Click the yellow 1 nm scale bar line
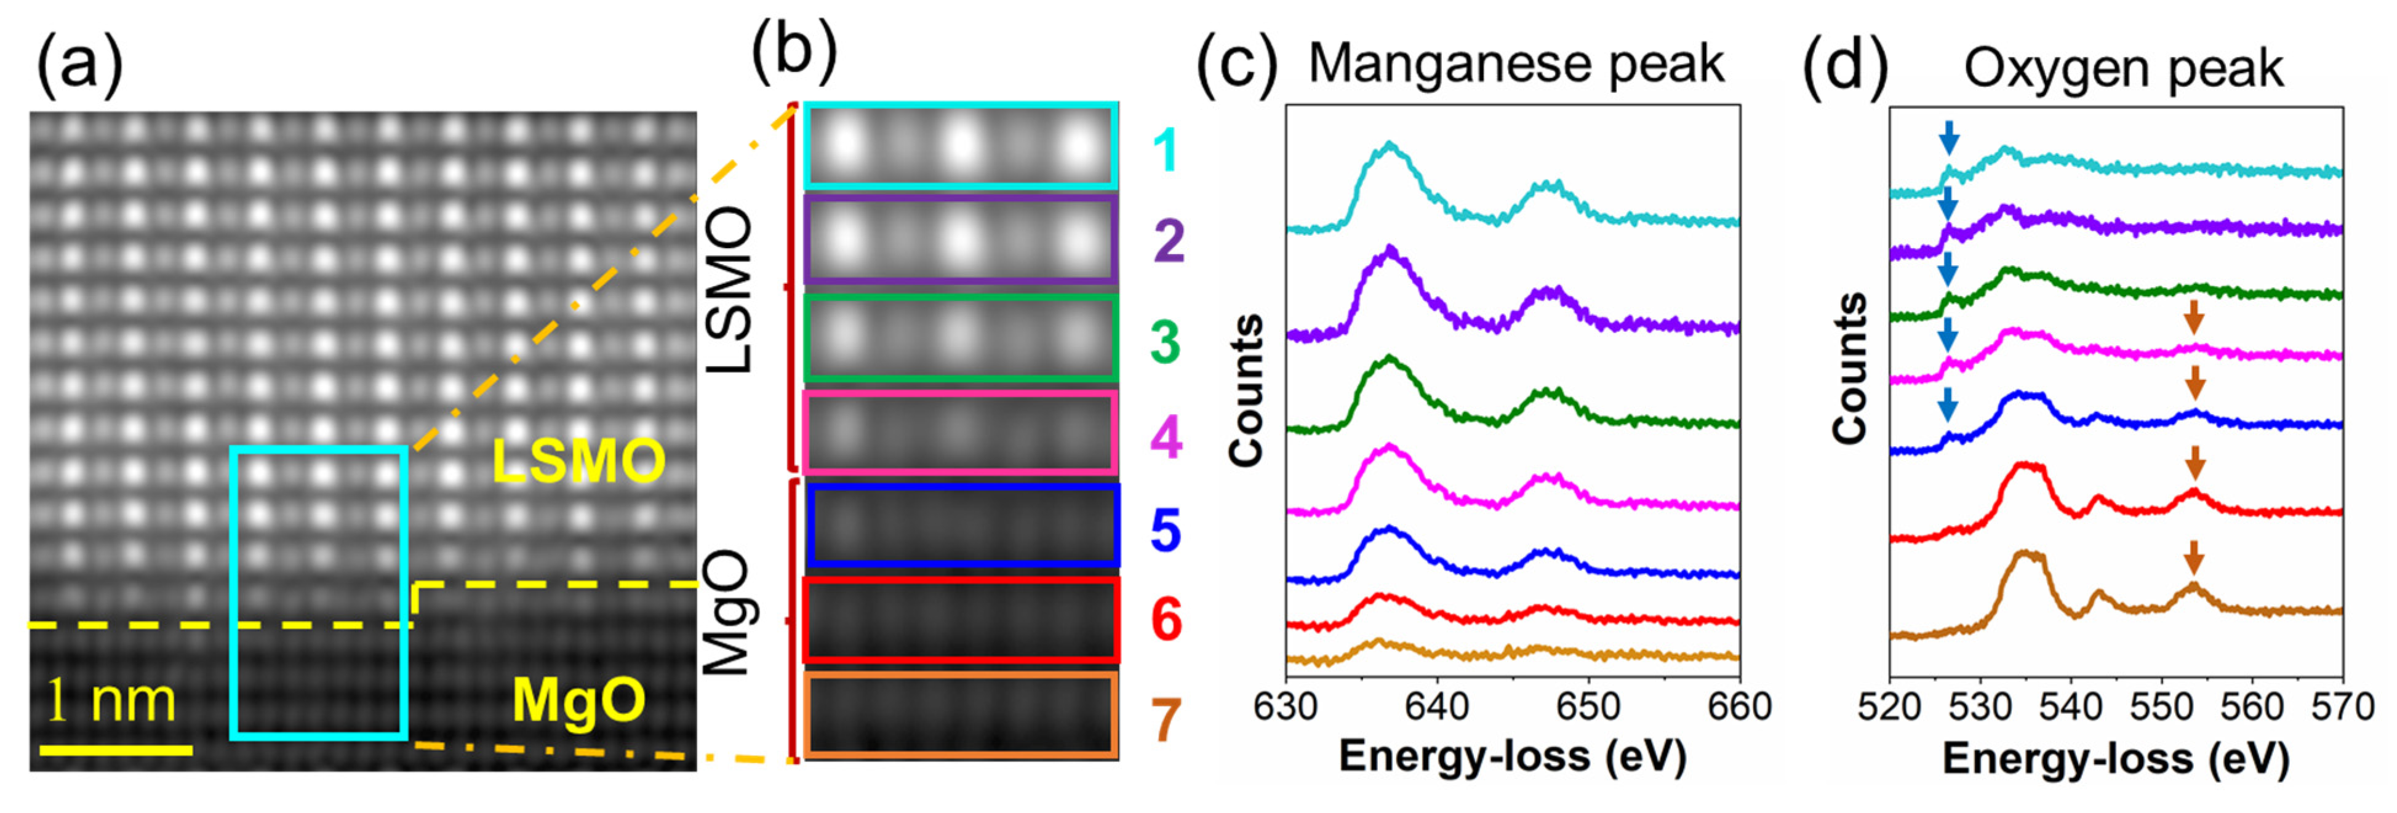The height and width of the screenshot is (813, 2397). tap(116, 749)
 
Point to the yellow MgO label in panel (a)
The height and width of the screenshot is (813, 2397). tap(578, 700)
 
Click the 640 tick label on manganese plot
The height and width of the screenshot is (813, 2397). tap(1437, 707)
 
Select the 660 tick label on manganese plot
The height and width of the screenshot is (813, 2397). tap(1738, 707)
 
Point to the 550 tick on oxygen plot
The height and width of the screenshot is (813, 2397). tap(2161, 707)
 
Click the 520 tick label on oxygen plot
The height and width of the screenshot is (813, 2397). tap(1889, 707)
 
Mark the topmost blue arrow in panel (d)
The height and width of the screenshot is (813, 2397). tap(1948, 140)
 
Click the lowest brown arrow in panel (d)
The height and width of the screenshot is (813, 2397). tap(2194, 583)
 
